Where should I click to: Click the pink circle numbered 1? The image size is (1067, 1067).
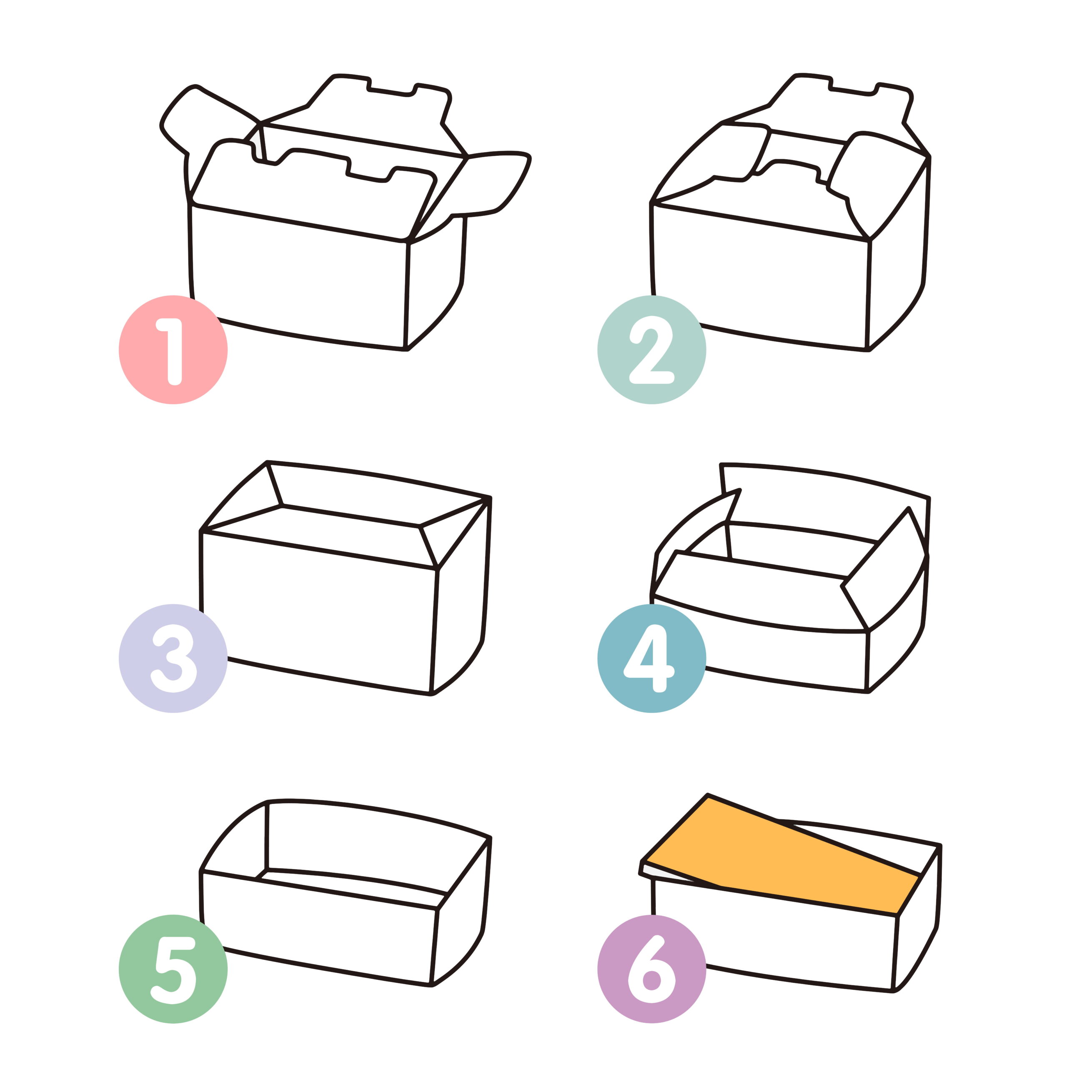click(x=173, y=350)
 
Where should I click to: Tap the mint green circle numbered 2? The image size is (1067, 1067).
click(x=652, y=350)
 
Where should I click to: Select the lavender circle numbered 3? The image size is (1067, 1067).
click(x=173, y=658)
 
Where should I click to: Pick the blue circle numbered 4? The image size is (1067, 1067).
click(x=652, y=658)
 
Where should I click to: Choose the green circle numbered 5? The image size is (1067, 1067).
click(x=173, y=969)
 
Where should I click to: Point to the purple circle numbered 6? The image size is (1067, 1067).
click(x=652, y=969)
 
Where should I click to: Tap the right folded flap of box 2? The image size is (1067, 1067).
click(x=878, y=177)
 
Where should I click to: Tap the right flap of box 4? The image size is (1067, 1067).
click(x=884, y=569)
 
